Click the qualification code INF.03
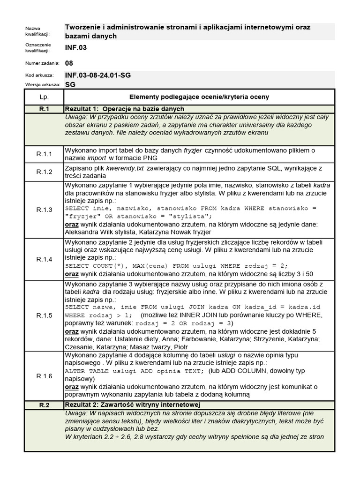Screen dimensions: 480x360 pos(75,48)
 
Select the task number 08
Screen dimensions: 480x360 pos(69,63)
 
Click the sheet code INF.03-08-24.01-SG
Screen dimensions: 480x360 pos(97,75)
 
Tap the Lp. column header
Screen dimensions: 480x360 pos(44,97)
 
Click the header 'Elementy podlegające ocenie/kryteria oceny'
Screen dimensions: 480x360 pos(199,97)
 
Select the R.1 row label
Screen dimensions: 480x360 pos(44,109)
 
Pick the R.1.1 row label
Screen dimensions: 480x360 pos(44,154)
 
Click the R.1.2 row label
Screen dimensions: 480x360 pos(44,172)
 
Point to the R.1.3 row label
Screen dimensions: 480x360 pos(44,209)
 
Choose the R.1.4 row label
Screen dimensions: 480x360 pos(44,259)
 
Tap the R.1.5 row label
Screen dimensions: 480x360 pos(44,315)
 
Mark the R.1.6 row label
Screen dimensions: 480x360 pos(44,375)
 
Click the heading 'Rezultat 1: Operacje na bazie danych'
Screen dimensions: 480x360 pos(124,109)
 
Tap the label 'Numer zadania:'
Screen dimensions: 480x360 pos(42,63)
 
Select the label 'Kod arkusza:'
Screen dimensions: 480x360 pos(39,75)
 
